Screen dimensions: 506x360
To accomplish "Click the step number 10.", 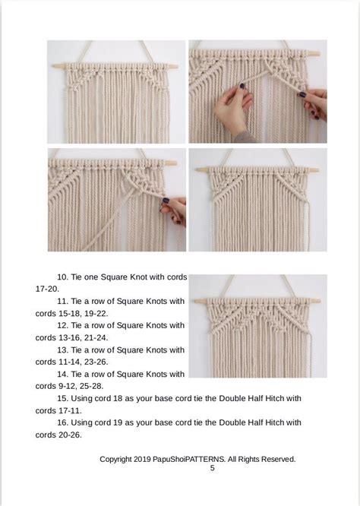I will coord(63,277).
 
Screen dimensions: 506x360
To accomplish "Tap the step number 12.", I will coord(63,325).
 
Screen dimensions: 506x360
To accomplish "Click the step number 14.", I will coord(63,374).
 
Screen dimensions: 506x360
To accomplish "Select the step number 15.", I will coord(63,398).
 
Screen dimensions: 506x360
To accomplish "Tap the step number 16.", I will coord(63,422).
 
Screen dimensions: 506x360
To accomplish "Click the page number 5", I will coord(213,469).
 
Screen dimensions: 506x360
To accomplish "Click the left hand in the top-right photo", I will coord(232,106).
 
